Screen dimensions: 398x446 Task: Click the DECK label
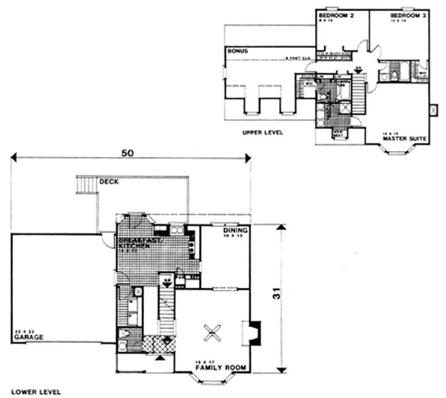(x=108, y=181)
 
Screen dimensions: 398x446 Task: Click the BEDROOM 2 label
(x=337, y=16)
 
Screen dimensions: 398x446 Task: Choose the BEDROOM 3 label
(x=409, y=16)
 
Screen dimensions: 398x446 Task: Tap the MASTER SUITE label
(x=405, y=137)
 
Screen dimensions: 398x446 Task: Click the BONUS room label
(x=237, y=51)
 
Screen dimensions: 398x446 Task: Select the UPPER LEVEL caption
(x=263, y=133)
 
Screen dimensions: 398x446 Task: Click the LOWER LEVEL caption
(x=36, y=392)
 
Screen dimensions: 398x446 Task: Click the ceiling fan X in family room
(x=212, y=332)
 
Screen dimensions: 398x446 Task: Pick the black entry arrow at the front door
(x=162, y=358)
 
